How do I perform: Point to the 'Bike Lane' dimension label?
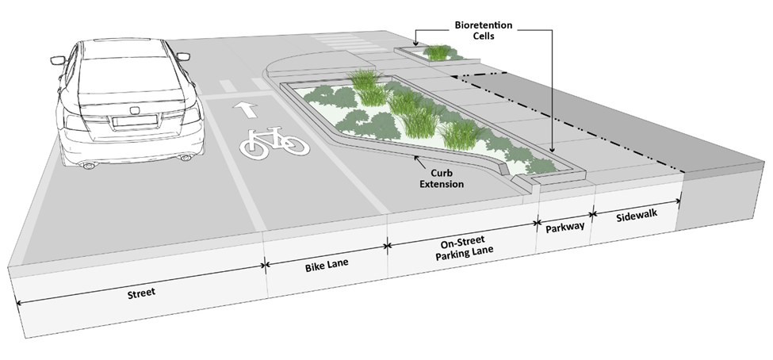click(x=327, y=260)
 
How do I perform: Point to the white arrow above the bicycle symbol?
click(x=242, y=109)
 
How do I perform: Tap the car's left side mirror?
click(x=58, y=60)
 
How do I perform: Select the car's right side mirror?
click(x=183, y=56)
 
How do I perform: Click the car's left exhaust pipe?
click(x=89, y=165)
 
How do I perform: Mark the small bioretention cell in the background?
click(x=436, y=54)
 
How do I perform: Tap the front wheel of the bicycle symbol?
click(x=293, y=145)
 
